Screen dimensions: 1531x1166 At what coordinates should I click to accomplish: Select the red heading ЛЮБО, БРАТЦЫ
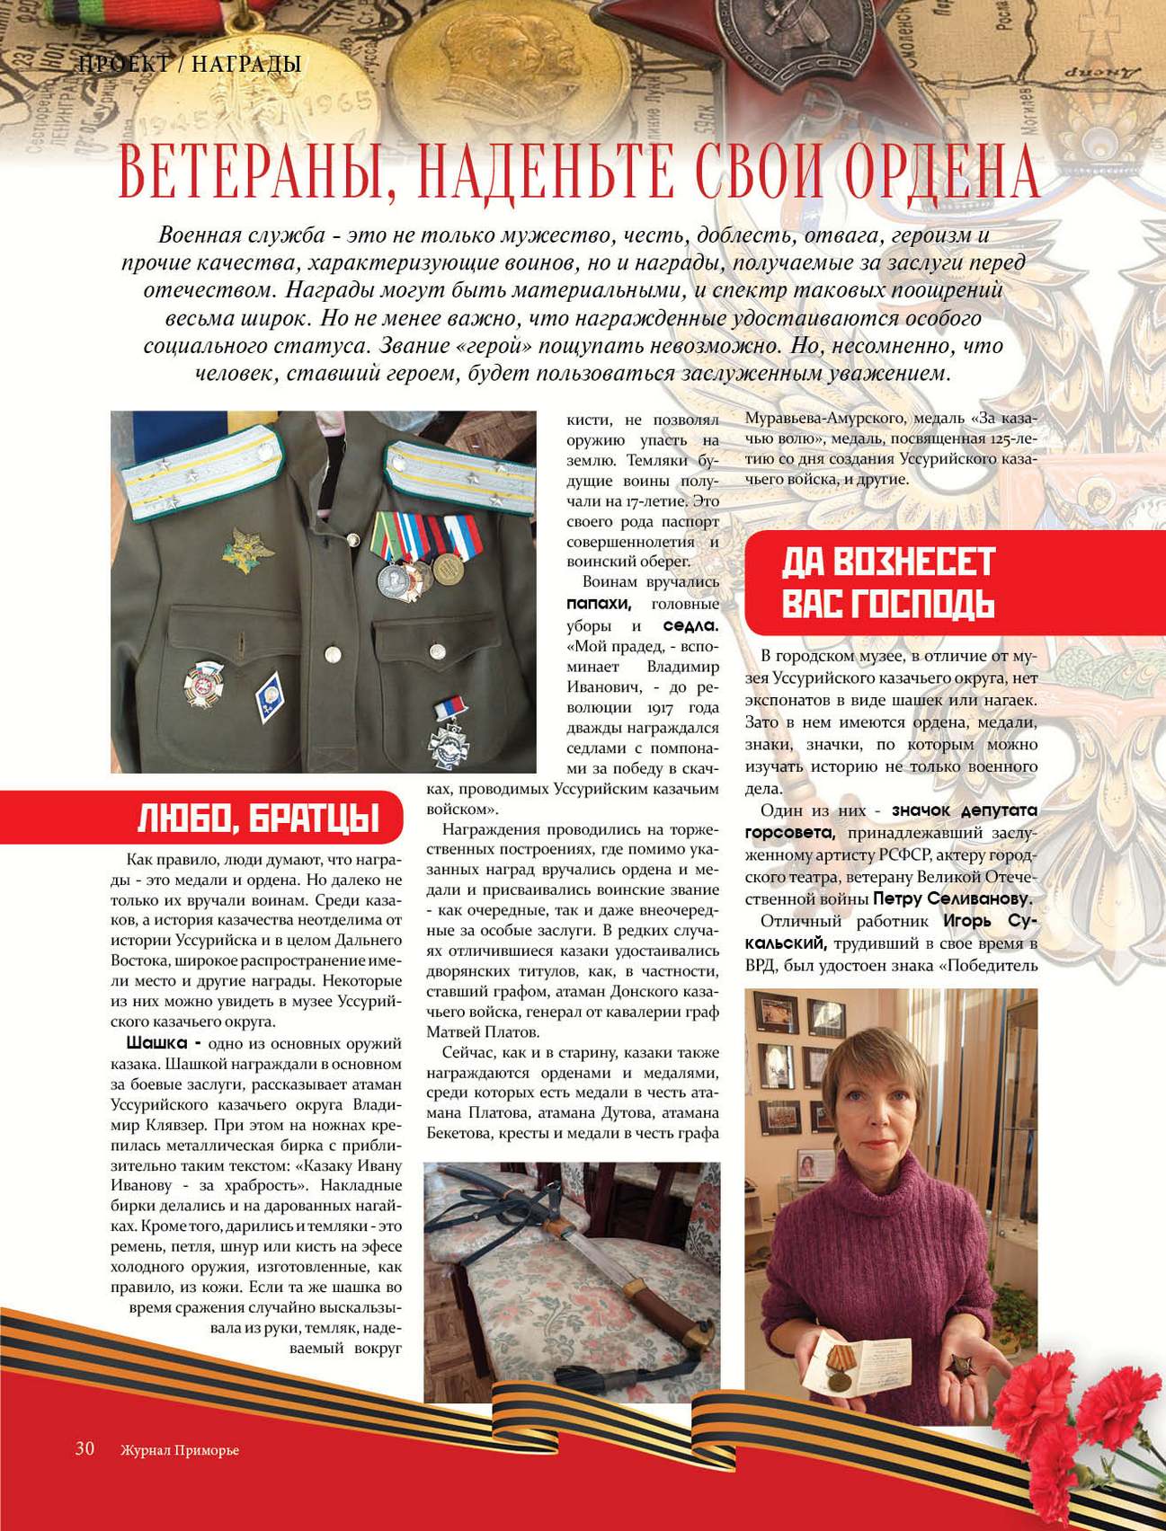pyautogui.click(x=257, y=819)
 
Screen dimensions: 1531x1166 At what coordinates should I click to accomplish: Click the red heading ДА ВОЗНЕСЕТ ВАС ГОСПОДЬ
pyautogui.click(x=887, y=582)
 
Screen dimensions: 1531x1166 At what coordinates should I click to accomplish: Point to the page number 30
pyautogui.click(x=85, y=1448)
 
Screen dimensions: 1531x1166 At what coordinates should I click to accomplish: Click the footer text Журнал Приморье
pyautogui.click(x=180, y=1450)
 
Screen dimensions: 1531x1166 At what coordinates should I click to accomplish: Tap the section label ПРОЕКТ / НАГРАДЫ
pyautogui.click(x=190, y=64)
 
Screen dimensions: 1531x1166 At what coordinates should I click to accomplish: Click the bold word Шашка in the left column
pyautogui.click(x=156, y=1044)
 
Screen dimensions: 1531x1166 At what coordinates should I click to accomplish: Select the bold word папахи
pyautogui.click(x=605, y=603)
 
